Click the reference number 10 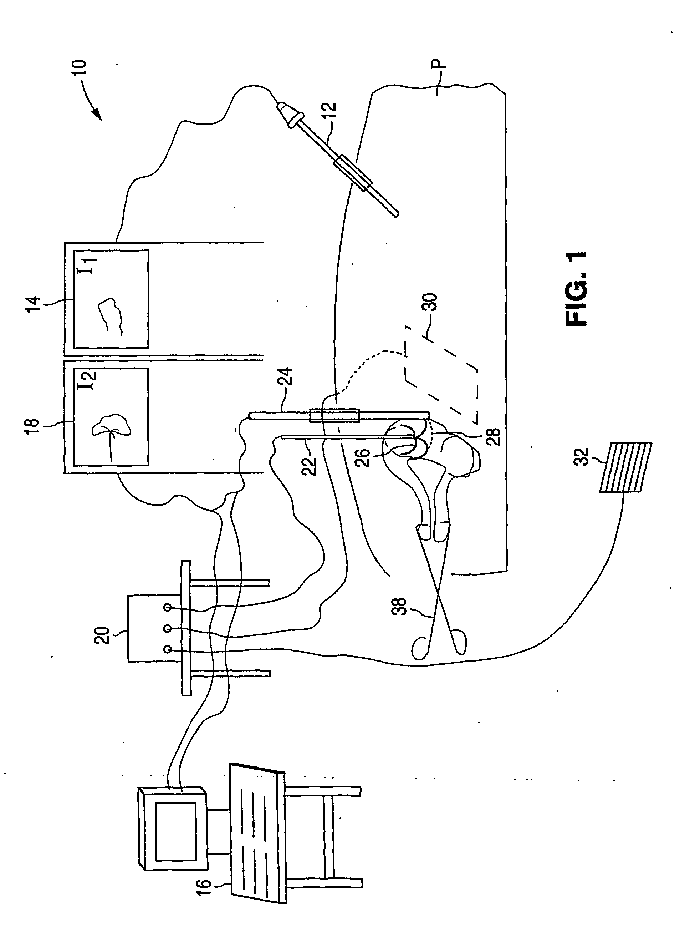click(79, 67)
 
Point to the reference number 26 click(363, 458)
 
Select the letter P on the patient click(438, 64)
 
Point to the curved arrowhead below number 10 click(97, 114)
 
